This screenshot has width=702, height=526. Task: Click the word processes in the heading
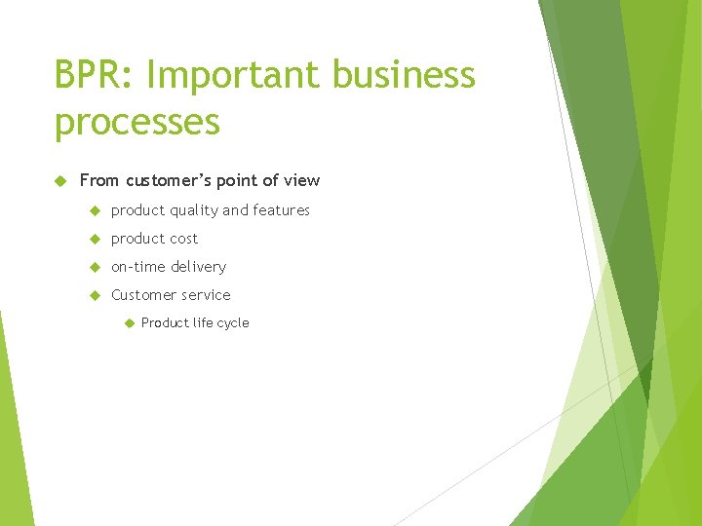[137, 124]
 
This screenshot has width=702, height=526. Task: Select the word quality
[194, 210]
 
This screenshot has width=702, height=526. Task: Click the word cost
[182, 239]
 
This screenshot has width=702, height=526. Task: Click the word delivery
[199, 267]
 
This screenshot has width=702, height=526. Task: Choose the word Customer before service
[143, 295]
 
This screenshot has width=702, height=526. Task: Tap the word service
[206, 295]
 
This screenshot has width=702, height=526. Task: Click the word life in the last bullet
[201, 323]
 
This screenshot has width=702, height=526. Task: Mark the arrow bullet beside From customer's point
[60, 181]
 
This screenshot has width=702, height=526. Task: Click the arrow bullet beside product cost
[95, 239]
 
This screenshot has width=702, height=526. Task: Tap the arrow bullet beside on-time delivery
[95, 267]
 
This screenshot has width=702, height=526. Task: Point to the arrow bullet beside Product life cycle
[127, 323]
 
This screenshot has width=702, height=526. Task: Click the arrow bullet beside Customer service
[95, 295]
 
